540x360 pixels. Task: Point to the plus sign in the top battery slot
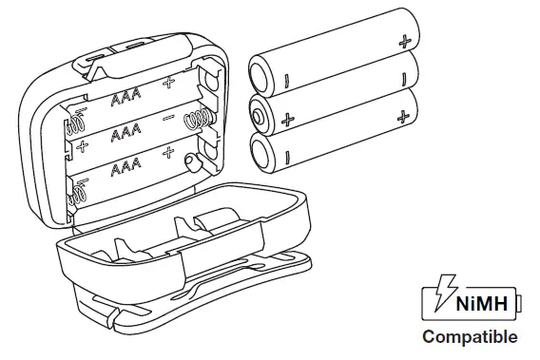coord(169,83)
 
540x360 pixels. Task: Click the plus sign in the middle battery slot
coord(83,147)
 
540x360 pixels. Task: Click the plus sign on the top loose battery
coord(405,41)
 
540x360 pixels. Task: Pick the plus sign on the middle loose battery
coord(287,120)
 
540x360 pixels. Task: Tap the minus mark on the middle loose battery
coord(404,78)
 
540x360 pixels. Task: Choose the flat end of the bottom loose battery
coord(260,153)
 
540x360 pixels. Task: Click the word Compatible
coord(470,337)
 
